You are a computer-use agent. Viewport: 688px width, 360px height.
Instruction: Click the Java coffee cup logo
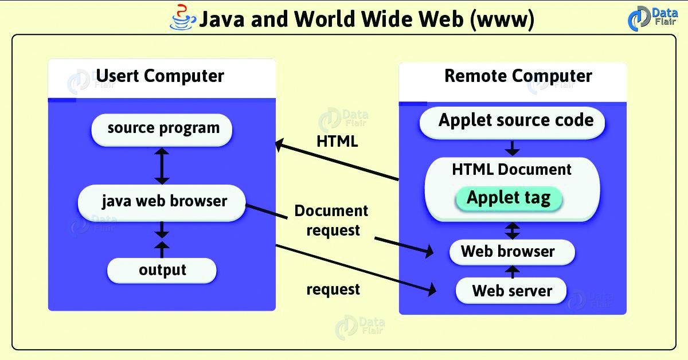tap(183, 17)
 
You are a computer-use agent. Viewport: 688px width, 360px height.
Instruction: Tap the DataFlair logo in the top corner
tap(653, 17)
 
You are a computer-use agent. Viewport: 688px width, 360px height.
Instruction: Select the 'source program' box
tap(162, 128)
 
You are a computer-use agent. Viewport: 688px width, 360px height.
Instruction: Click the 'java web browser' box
tap(162, 202)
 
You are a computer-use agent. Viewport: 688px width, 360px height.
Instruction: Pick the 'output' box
tap(162, 269)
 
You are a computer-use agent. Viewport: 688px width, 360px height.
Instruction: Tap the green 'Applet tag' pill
tap(509, 198)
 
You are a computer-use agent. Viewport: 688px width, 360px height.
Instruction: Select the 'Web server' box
tap(511, 290)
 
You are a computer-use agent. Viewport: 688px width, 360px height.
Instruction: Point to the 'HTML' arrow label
tap(337, 141)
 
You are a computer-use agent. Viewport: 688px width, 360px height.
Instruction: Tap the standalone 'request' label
tap(333, 289)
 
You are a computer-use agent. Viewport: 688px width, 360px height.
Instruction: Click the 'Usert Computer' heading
tap(160, 76)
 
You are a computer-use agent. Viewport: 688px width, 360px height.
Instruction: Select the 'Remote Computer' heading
tap(518, 76)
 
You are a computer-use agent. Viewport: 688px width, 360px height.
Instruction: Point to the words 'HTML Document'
tap(511, 170)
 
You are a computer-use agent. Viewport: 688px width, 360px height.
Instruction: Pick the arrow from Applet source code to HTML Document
tap(512, 148)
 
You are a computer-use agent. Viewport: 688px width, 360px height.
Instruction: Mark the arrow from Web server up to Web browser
tap(512, 271)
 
